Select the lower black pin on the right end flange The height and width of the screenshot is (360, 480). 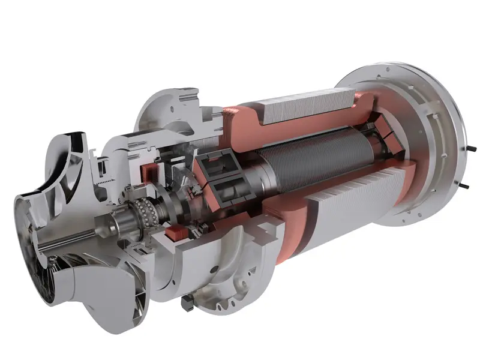click(465, 184)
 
